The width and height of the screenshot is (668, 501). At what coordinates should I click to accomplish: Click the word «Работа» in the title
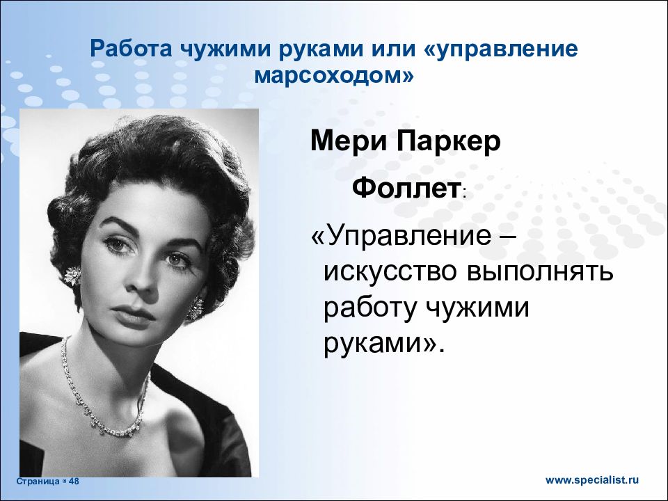tap(132, 51)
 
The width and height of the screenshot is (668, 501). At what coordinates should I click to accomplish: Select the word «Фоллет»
tap(406, 187)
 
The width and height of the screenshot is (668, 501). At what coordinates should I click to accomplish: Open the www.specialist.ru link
tap(591, 479)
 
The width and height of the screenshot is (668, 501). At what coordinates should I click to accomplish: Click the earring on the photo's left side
tap(72, 277)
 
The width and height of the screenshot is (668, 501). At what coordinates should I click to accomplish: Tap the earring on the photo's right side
tap(197, 306)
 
